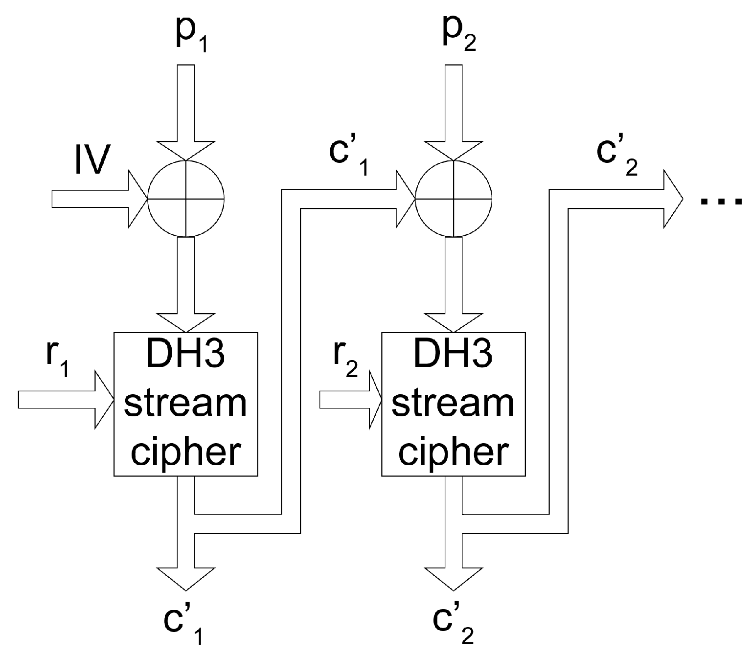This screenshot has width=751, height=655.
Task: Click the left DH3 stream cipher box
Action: [185, 404]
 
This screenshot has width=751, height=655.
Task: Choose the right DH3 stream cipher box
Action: [454, 404]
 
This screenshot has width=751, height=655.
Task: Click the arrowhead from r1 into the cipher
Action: [104, 400]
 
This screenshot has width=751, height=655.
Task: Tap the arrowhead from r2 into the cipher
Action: [375, 400]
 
